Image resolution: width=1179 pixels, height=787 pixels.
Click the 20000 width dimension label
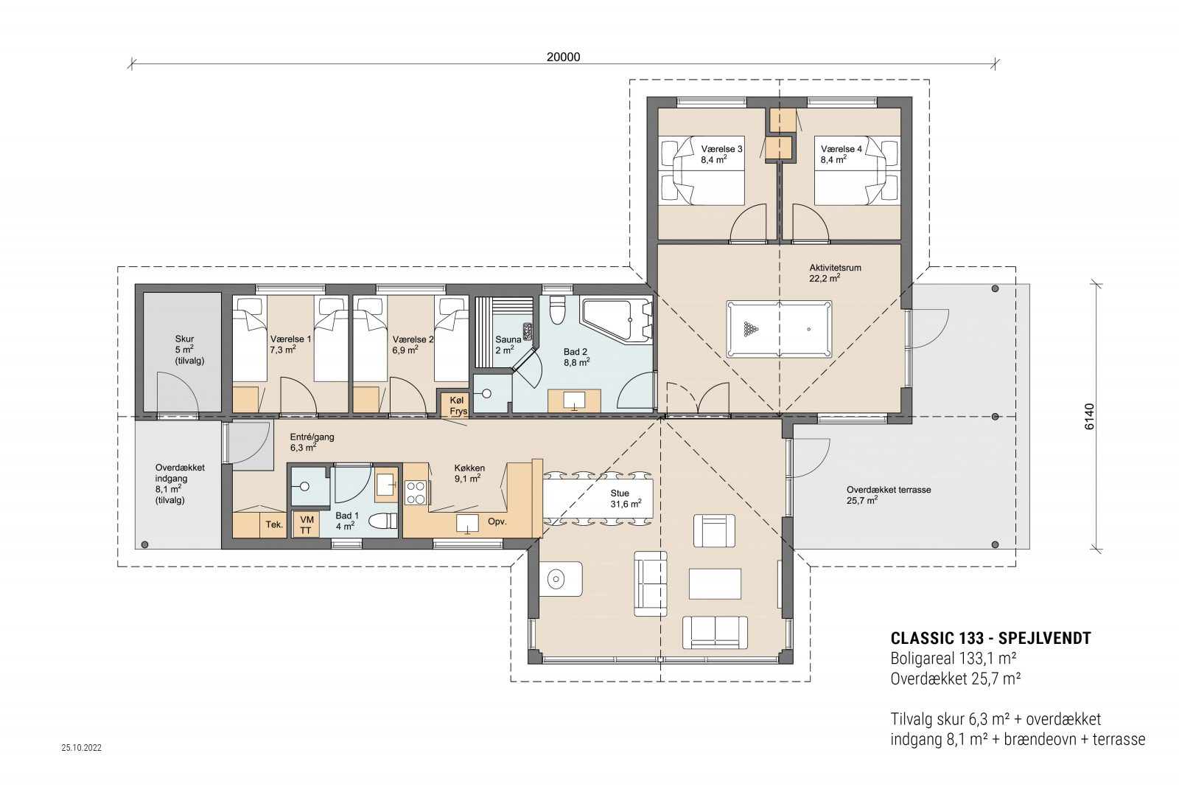coord(563,57)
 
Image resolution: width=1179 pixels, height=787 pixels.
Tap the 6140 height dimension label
coord(1090,417)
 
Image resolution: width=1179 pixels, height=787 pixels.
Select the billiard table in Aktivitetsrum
coord(779,329)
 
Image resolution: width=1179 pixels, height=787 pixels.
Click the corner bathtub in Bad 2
coord(616,320)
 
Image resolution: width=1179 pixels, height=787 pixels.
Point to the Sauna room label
coord(508,339)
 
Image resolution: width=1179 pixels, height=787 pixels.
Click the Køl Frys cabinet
coord(458,406)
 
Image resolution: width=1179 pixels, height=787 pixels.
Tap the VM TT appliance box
coord(306,525)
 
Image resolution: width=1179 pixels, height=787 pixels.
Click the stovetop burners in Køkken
coord(416,492)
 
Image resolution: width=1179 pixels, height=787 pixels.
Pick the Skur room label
coord(184,339)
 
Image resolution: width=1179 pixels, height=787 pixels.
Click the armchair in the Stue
coord(713,530)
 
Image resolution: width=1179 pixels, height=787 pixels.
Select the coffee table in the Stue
coord(715,583)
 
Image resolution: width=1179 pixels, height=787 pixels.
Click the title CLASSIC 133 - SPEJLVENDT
coord(990,639)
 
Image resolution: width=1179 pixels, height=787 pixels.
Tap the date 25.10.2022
coord(82,747)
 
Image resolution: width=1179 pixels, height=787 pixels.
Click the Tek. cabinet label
coord(274,524)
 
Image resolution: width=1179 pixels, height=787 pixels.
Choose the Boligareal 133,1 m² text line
coord(954,659)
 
